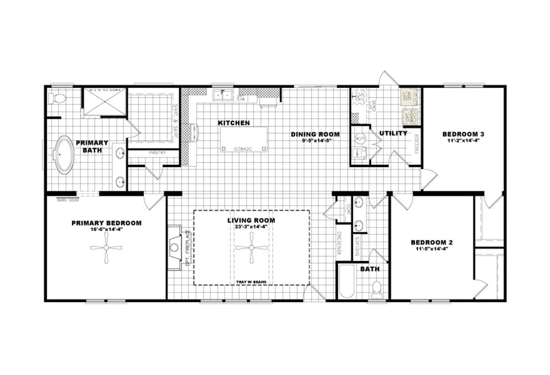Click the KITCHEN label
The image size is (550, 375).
(234, 123)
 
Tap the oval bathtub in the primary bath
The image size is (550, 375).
(64, 154)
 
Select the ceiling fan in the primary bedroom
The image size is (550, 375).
(106, 248)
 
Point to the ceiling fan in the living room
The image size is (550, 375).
(252, 248)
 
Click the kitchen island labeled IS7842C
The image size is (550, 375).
(243, 139)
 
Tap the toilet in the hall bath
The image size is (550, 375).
(377, 288)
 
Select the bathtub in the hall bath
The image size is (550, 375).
(347, 281)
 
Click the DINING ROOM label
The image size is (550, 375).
(315, 134)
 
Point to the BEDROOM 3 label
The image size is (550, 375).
(463, 134)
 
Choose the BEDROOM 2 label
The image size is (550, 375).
(432, 242)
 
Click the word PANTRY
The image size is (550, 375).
(157, 153)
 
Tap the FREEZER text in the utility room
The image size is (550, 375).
(416, 143)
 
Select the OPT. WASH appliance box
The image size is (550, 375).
(409, 117)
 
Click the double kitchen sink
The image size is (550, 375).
(223, 95)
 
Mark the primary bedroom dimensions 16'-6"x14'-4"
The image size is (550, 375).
(106, 229)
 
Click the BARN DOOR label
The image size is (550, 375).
(68, 200)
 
